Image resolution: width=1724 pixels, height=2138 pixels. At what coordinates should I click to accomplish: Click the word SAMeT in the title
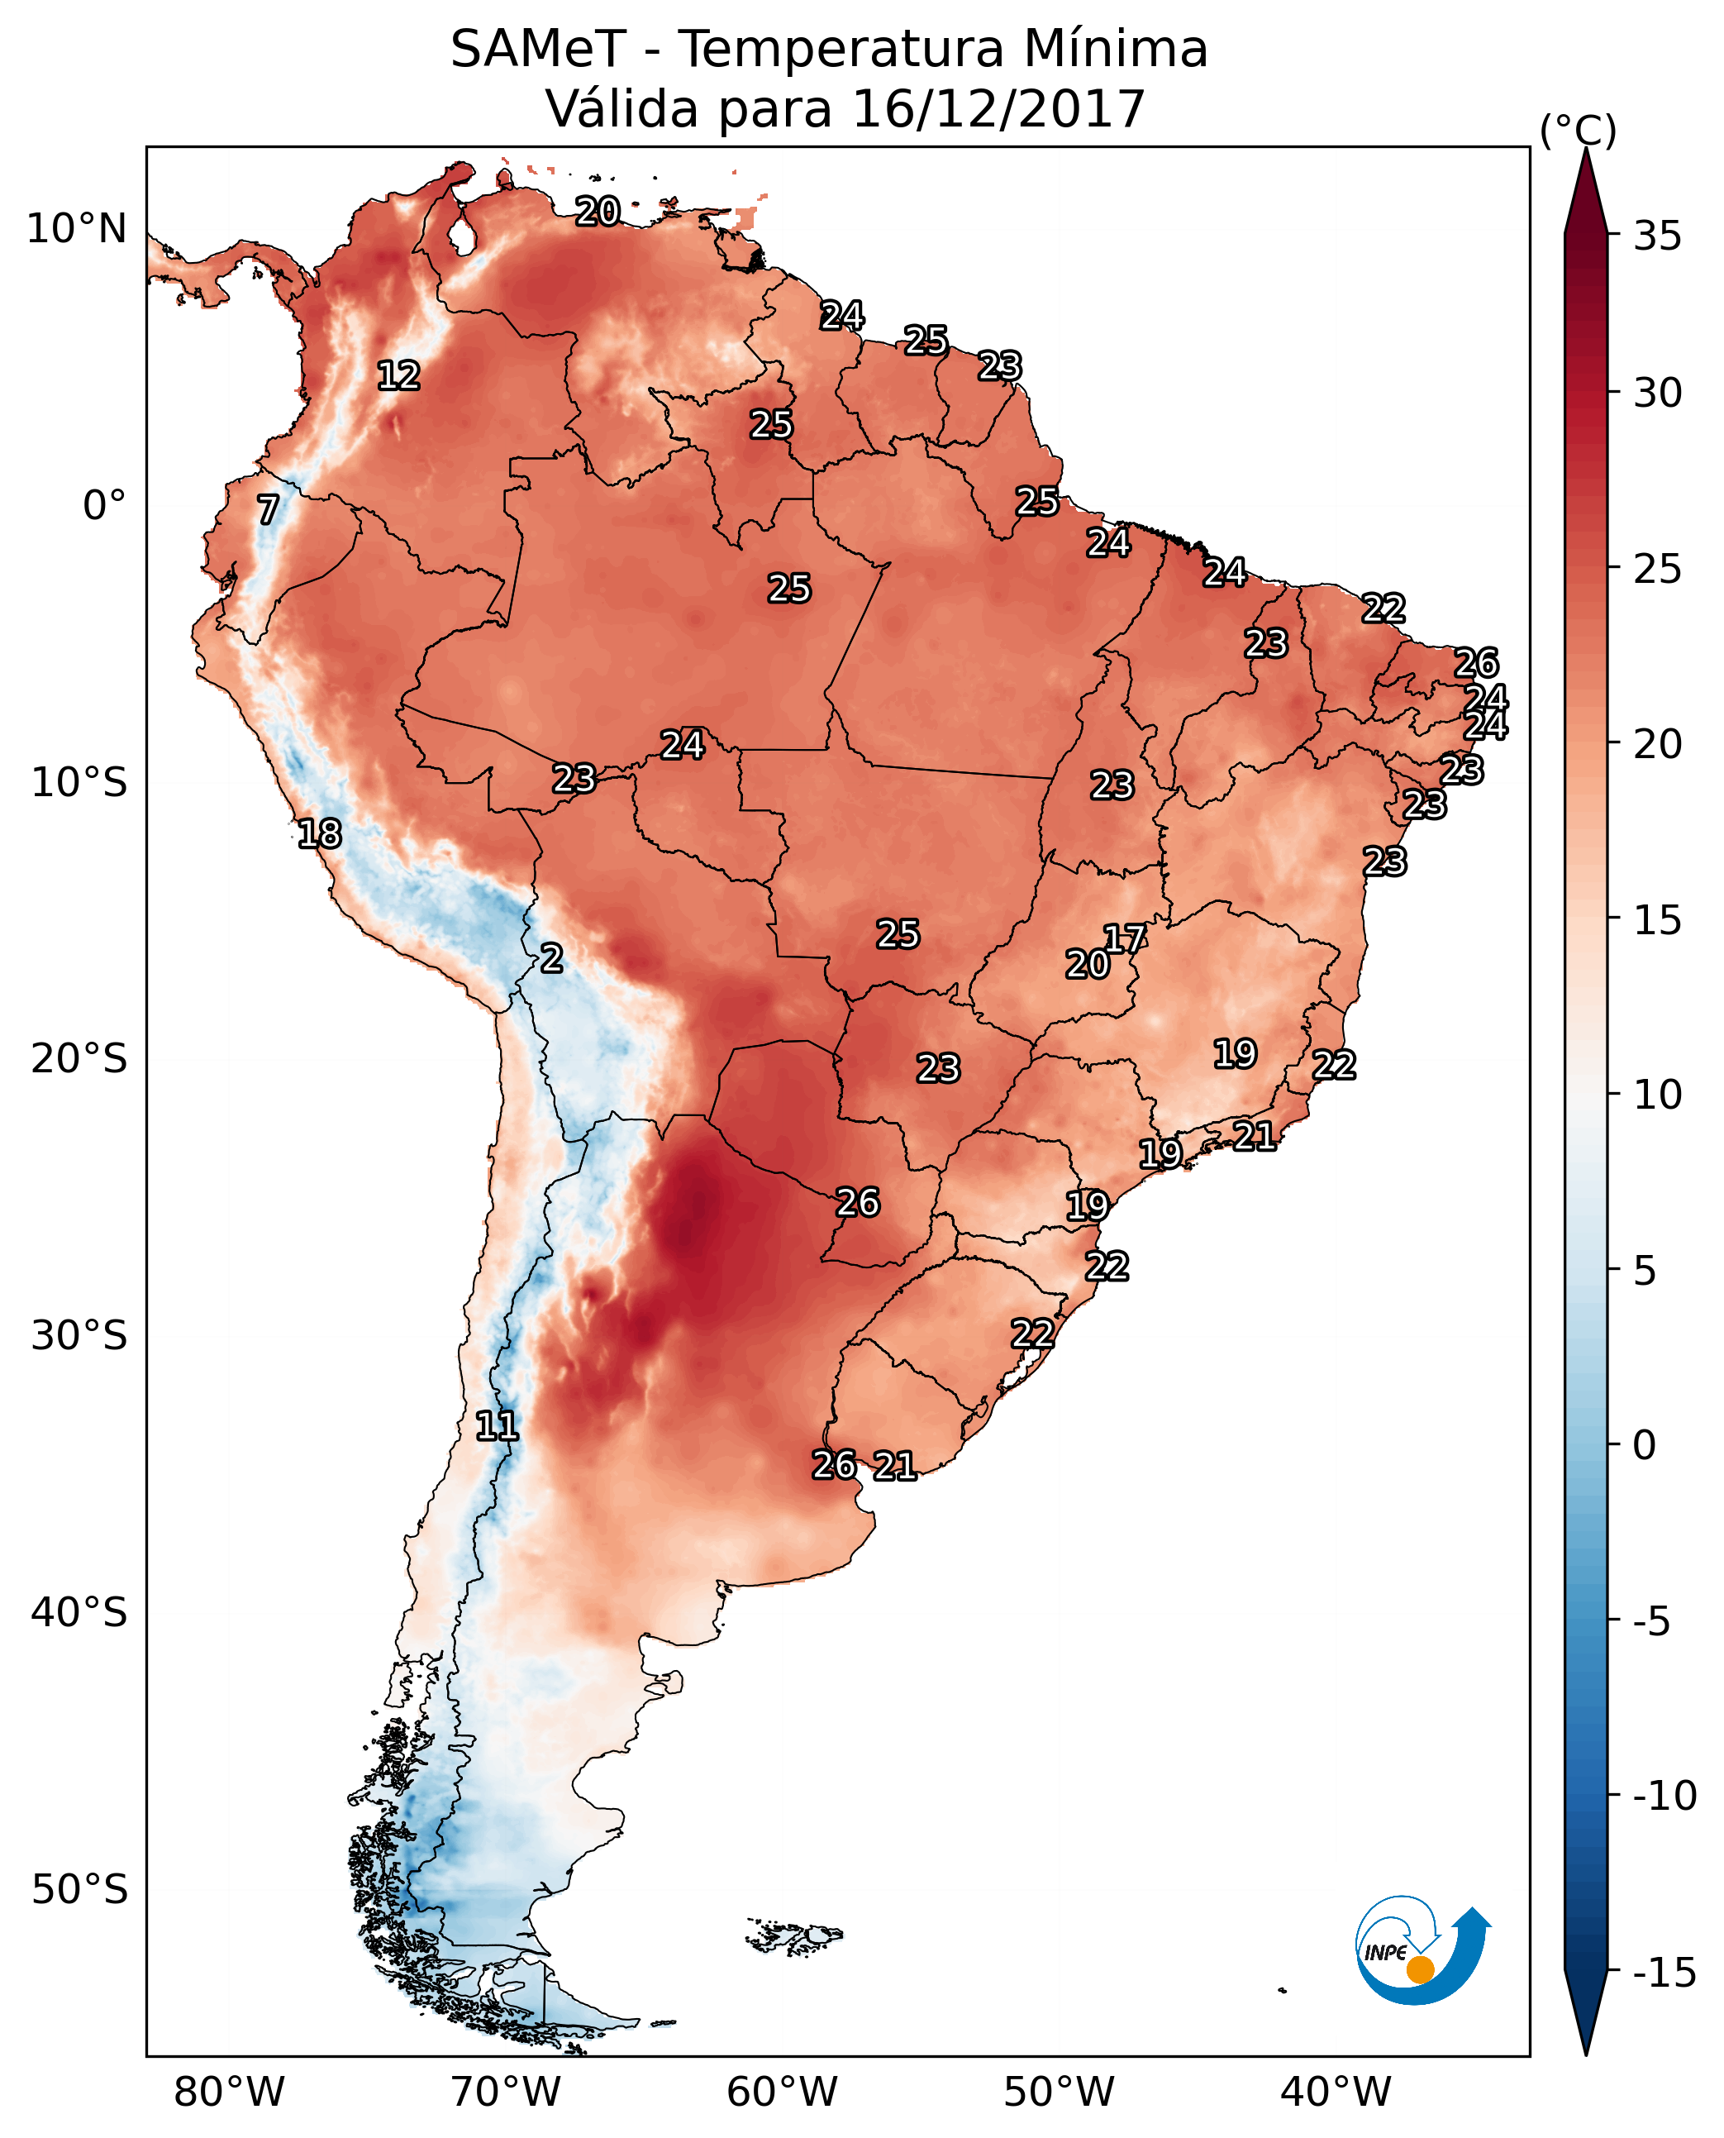pos(537,49)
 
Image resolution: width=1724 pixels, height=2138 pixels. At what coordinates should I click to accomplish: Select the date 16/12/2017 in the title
pos(998,108)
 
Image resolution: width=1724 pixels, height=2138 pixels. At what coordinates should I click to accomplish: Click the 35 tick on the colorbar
pos(1656,236)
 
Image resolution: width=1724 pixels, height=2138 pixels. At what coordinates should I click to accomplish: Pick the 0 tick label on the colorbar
pos(1644,1444)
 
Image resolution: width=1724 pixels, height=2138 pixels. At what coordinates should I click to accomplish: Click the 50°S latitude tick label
pos(79,1888)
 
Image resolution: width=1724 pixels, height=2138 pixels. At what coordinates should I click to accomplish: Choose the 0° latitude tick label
pos(104,506)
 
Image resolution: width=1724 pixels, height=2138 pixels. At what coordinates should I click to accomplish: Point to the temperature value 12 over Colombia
pos(399,375)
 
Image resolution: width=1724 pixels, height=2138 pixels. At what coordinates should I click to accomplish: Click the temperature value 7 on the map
pos(268,509)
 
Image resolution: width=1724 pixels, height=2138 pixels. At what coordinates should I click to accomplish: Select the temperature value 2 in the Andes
pos(551,957)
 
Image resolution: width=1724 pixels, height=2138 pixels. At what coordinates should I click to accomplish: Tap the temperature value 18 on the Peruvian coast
pos(320,833)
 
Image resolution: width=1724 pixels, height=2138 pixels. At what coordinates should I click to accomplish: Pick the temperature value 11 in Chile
pos(497,1425)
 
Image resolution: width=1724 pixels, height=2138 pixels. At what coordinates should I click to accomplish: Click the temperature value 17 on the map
pos(1125,938)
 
